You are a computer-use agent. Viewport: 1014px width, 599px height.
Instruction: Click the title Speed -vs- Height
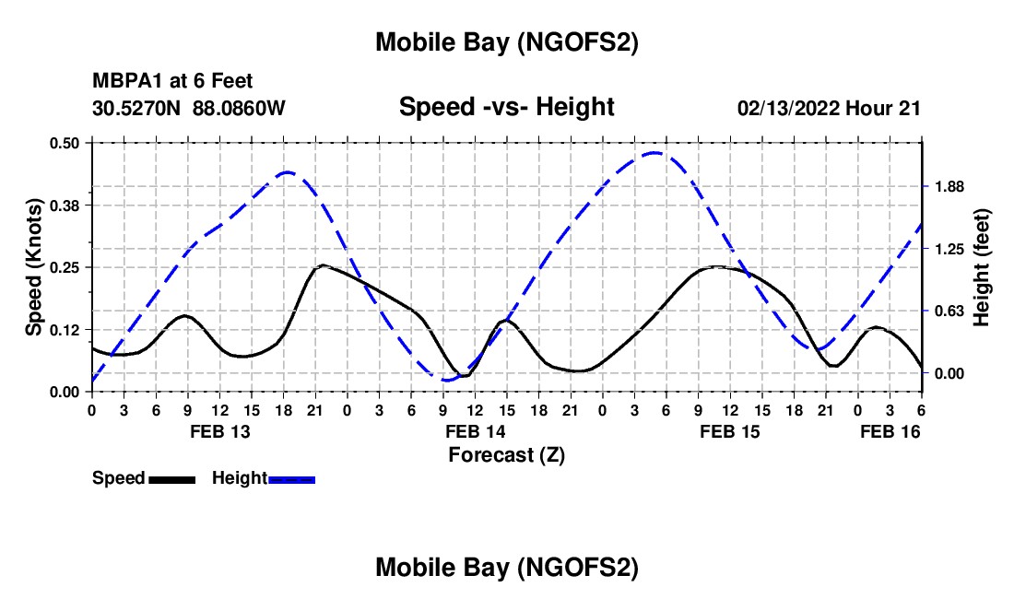point(506,107)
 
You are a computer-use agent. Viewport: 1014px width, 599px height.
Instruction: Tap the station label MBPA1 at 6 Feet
point(172,82)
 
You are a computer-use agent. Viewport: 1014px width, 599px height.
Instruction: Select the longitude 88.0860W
point(240,108)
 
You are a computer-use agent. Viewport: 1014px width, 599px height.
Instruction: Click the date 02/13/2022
point(788,108)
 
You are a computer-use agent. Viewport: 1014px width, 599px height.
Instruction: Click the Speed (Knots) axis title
point(34,266)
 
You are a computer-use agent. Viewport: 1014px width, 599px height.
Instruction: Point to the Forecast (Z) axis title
point(506,454)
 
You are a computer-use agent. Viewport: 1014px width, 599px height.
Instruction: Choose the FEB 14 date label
point(475,431)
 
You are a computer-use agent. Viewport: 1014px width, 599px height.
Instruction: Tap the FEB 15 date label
point(730,431)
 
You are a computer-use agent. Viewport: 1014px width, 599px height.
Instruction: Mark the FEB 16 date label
point(890,431)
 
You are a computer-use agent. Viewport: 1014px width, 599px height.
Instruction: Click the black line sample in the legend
point(171,479)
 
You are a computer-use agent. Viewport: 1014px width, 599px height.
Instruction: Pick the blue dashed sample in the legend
point(291,479)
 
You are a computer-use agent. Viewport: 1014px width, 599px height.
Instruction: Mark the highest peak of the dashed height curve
point(654,153)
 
